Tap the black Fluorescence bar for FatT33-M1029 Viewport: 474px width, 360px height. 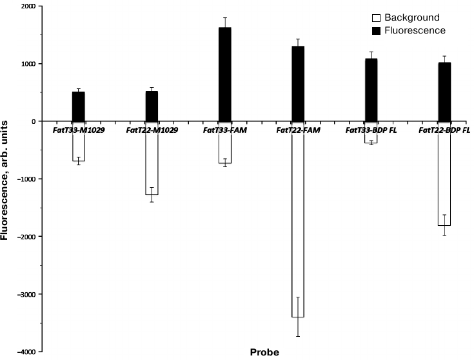[78, 106]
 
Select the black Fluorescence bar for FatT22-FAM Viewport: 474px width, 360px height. [298, 84]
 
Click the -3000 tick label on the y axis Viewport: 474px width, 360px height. [25, 294]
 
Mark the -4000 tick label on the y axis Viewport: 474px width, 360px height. [25, 352]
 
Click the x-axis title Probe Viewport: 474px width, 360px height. [264, 352]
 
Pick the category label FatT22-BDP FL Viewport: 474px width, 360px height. [444, 130]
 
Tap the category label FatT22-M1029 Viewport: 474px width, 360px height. [152, 130]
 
